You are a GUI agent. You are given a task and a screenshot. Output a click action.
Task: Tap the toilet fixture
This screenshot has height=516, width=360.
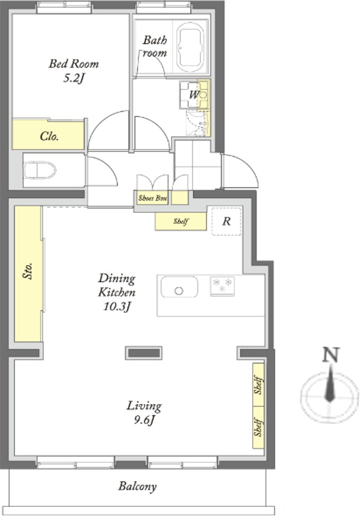point(40,170)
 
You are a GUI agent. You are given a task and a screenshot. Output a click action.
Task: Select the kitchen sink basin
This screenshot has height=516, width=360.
point(179,287)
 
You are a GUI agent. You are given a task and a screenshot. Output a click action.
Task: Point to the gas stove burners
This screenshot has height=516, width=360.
point(222,286)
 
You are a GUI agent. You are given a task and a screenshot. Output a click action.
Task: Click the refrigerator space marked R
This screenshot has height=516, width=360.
point(227,221)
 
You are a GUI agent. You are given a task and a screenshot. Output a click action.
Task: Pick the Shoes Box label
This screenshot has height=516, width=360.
point(152,198)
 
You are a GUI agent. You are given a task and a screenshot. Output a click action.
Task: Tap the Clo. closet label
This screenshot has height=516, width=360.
point(49,136)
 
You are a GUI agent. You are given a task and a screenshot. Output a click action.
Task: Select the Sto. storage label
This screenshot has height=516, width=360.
point(28,271)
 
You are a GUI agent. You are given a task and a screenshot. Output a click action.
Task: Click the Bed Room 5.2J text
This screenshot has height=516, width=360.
point(74,70)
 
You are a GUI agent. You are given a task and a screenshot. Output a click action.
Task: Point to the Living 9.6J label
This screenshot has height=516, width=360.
point(144,412)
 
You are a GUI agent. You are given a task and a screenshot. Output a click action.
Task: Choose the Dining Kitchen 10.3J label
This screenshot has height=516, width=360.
point(117,292)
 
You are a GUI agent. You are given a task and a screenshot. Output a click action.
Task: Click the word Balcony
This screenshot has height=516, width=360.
point(138,486)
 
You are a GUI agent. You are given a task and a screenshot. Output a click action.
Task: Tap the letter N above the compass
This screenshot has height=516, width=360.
point(331,355)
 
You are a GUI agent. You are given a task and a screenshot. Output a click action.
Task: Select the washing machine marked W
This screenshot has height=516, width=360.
point(194,95)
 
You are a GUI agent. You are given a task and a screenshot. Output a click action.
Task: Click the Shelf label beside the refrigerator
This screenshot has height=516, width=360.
point(181,221)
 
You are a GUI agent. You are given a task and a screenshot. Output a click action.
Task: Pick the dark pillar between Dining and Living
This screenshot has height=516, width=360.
point(144,353)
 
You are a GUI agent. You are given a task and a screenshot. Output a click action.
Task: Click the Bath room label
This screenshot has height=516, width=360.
point(155,47)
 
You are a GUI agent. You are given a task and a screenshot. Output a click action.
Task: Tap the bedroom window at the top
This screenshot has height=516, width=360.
point(64,7)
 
